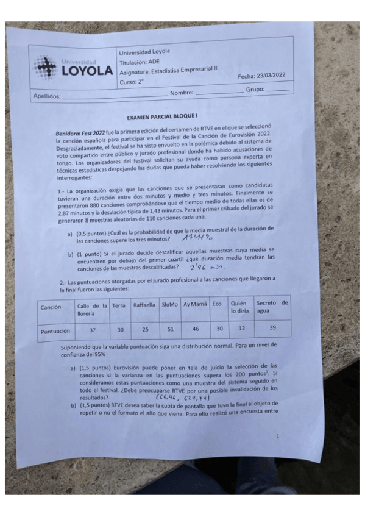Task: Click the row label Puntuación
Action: click(x=56, y=332)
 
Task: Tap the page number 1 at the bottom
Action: click(x=278, y=437)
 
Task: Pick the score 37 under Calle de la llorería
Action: click(x=93, y=330)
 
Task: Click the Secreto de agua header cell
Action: click(x=271, y=306)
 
